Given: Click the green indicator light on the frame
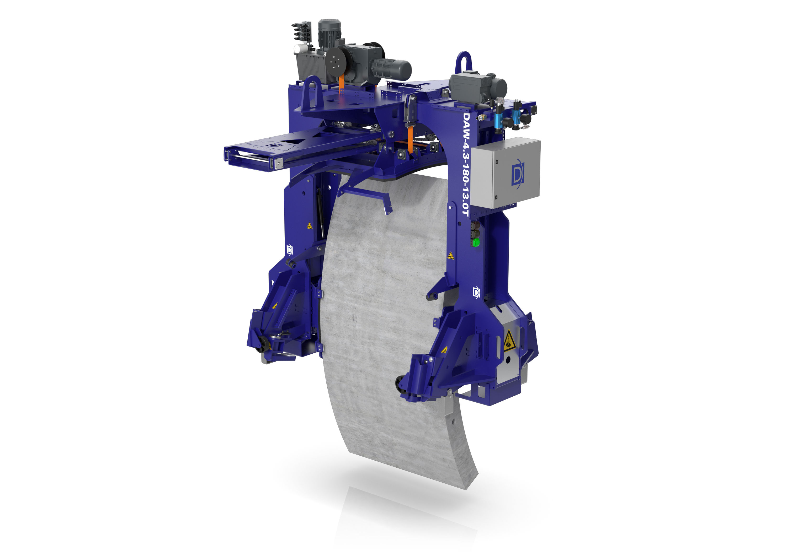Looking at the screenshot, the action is coord(476,242).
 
